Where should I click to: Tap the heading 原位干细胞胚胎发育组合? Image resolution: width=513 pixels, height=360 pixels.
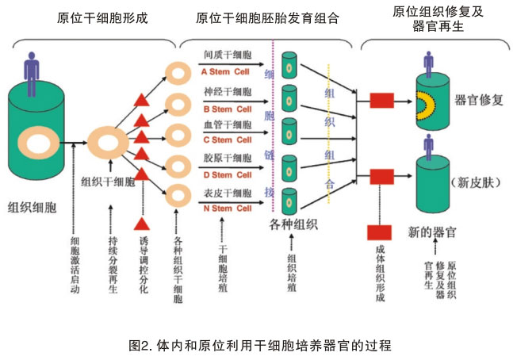tap(267, 17)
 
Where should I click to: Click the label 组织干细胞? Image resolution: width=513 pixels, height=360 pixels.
tap(109, 181)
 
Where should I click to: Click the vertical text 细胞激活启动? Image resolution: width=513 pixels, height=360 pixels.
tap(76, 265)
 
